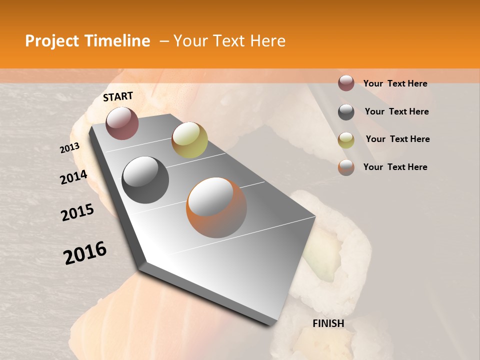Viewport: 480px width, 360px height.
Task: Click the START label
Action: click(x=118, y=97)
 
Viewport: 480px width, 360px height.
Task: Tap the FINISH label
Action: click(x=328, y=323)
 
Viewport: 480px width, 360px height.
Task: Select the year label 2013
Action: click(x=70, y=147)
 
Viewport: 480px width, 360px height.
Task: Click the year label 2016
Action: click(x=85, y=252)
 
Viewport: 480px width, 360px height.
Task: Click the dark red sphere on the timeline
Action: click(x=122, y=123)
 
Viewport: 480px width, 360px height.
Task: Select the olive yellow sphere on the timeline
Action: click(x=189, y=140)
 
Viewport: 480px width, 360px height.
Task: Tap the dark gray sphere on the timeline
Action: click(x=145, y=180)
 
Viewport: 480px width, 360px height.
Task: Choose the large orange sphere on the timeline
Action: click(x=216, y=207)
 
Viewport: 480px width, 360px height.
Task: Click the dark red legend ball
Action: click(x=346, y=83)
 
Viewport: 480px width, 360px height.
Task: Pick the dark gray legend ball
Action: click(x=346, y=112)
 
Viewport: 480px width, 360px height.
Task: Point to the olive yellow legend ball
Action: click(x=346, y=140)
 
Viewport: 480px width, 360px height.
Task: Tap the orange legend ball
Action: click(x=346, y=167)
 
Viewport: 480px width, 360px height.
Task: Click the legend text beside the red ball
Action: click(x=395, y=83)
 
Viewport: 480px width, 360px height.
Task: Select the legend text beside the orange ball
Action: click(x=395, y=167)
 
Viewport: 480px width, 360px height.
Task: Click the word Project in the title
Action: click(x=52, y=41)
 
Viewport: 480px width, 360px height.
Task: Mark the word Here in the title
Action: click(x=268, y=41)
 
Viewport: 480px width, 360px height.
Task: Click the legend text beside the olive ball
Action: click(x=397, y=139)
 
